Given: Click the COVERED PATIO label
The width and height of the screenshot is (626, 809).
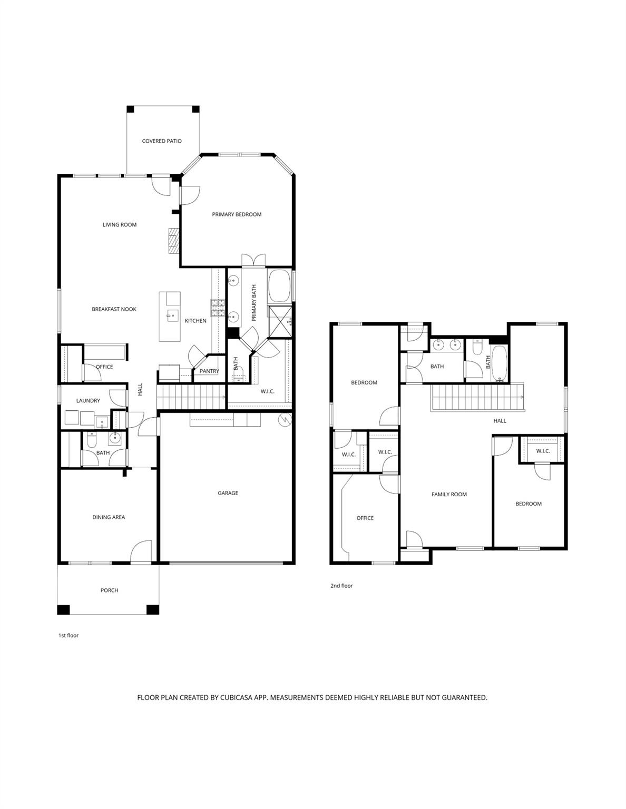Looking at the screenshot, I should coord(162,141).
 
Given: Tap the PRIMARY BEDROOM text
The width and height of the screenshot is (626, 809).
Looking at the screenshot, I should coord(237,214).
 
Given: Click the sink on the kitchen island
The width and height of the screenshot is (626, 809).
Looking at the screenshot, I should coord(172,315).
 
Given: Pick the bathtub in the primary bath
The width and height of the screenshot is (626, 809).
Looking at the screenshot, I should coord(279,286).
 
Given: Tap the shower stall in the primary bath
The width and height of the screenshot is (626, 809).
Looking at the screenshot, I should coord(280,321).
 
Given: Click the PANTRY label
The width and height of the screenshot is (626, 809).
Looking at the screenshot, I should coord(209,371).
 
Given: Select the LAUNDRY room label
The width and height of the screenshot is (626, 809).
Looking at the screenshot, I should coord(88,401).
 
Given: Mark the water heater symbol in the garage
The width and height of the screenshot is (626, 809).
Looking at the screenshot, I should coord(284,420).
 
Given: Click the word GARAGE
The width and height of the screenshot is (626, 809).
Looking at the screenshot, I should coord(228,493).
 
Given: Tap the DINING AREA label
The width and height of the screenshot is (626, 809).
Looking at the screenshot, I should coord(109,517).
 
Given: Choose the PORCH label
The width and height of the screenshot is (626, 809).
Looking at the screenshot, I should coord(109,590).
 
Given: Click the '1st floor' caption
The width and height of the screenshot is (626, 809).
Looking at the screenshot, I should coord(69,636).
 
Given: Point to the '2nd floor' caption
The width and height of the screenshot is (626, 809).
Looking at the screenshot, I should coord(341,586).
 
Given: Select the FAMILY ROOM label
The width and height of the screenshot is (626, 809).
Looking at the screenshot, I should coord(449,495).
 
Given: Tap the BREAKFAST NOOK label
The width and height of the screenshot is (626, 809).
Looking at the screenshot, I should coord(114,309).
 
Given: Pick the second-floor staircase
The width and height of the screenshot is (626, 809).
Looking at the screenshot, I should coord(477,398).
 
